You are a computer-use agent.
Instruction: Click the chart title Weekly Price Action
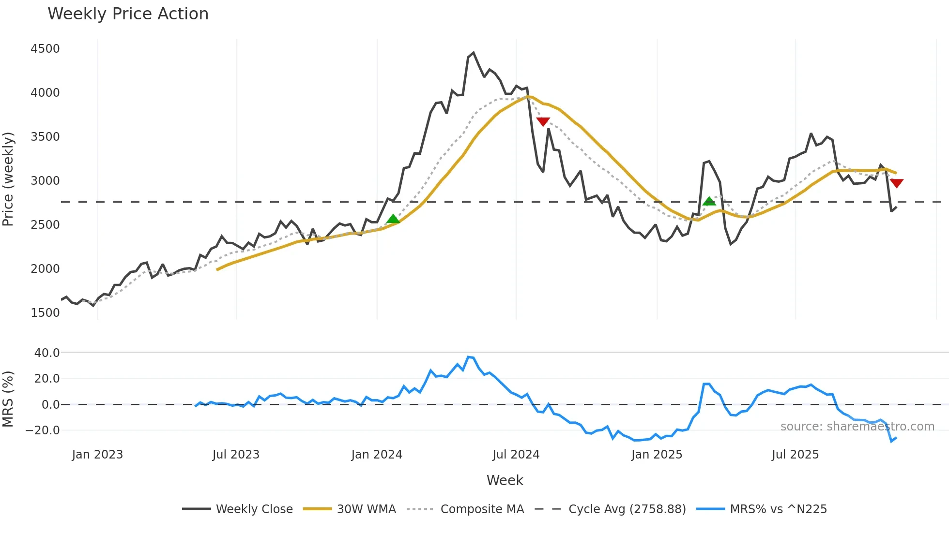pyautogui.click(x=128, y=14)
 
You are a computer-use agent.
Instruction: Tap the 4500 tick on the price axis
pyautogui.click(x=45, y=49)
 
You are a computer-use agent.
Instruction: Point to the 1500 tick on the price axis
pyautogui.click(x=45, y=313)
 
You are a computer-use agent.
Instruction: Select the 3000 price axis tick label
pyautogui.click(x=45, y=181)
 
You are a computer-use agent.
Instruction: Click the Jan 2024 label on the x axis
pyautogui.click(x=377, y=455)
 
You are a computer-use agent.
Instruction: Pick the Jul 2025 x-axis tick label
pyautogui.click(x=795, y=455)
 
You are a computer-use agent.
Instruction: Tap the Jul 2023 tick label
pyautogui.click(x=236, y=455)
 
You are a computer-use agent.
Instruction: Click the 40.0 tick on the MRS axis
pyautogui.click(x=47, y=353)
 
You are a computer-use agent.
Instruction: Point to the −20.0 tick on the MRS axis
pyautogui.click(x=43, y=430)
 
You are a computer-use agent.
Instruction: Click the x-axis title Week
pyautogui.click(x=505, y=480)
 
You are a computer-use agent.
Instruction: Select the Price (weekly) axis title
pyautogui.click(x=8, y=179)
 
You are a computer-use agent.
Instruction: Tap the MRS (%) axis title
pyautogui.click(x=8, y=399)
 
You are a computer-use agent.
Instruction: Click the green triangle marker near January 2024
pyautogui.click(x=393, y=219)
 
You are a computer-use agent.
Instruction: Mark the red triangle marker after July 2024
pyautogui.click(x=543, y=121)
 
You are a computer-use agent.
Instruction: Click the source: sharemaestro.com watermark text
pyautogui.click(x=857, y=427)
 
